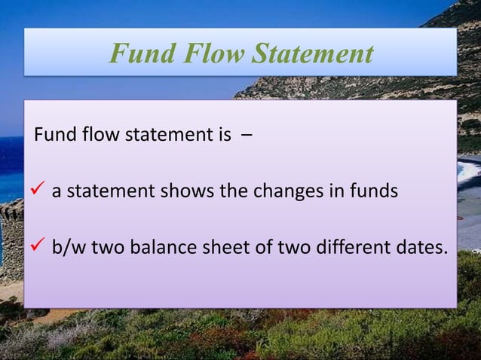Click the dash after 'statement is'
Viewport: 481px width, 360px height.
247,139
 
